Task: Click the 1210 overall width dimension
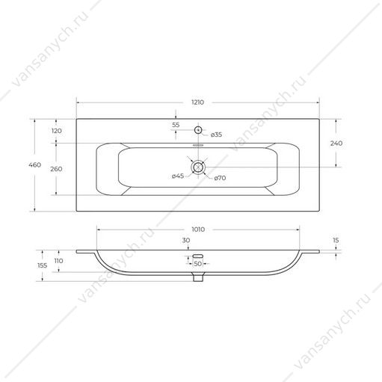point(197,102)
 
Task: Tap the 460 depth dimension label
point(34,164)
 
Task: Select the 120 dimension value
point(57,131)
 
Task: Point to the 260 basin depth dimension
point(56,169)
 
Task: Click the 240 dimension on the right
point(336,144)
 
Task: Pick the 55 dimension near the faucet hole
point(176,125)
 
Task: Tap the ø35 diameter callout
point(216,135)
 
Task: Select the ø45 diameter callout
point(178,176)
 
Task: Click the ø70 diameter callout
point(220,178)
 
